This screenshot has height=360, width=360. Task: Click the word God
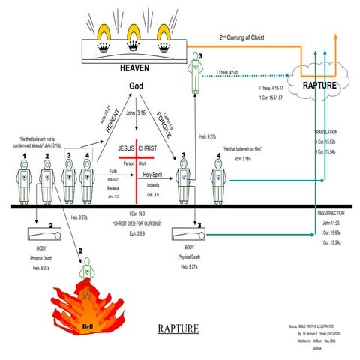click(x=136, y=85)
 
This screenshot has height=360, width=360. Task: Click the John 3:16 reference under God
click(x=136, y=116)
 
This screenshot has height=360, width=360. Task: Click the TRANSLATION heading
click(x=325, y=148)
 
